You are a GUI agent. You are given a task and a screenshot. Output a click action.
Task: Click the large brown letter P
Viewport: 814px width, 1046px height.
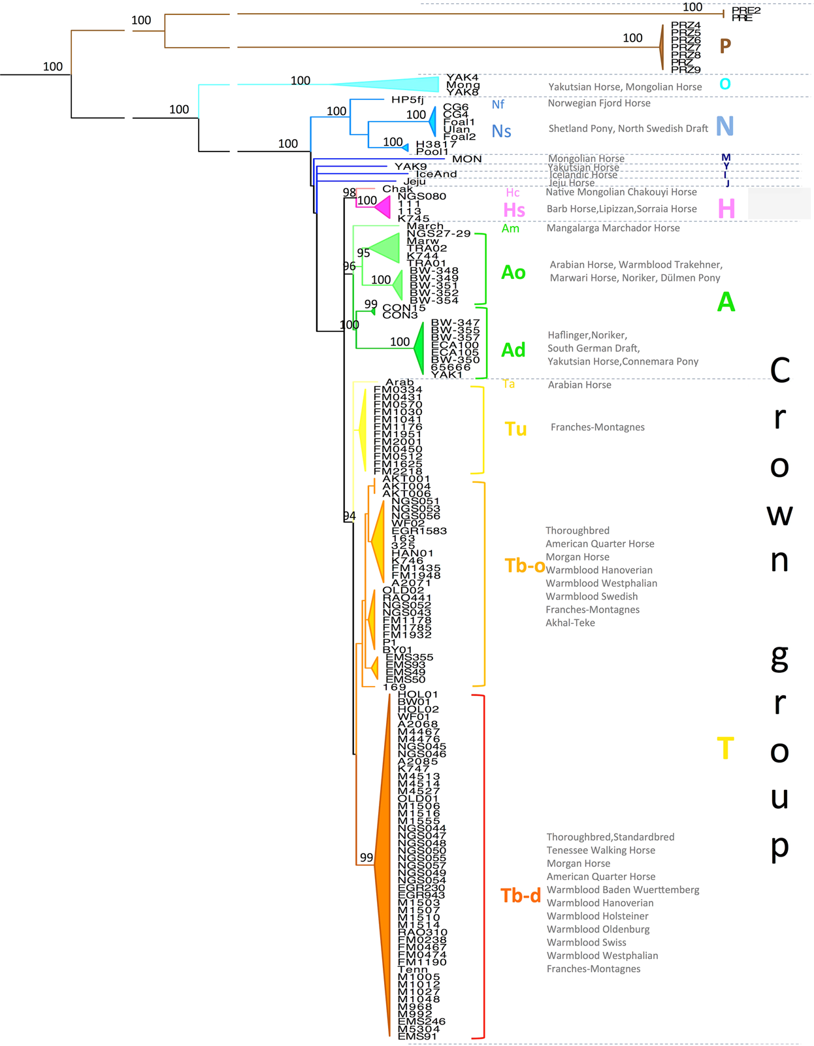(x=725, y=46)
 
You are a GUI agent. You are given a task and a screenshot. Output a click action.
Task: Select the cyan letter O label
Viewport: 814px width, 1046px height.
(x=724, y=84)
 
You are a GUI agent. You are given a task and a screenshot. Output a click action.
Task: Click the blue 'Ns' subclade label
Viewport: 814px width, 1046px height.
(x=501, y=131)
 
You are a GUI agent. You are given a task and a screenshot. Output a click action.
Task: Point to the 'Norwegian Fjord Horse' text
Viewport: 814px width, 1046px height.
(x=599, y=103)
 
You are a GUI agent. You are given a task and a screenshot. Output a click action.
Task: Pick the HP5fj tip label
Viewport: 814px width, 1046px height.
(x=408, y=100)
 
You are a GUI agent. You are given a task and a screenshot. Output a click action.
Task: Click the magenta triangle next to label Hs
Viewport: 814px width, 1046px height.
(x=383, y=208)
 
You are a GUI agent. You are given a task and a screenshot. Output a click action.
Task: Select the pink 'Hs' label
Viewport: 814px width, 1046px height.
(x=514, y=210)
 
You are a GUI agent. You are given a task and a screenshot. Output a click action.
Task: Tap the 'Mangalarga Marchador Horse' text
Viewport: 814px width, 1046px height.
(x=613, y=228)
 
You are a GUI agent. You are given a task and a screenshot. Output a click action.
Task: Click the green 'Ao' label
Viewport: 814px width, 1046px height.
(x=513, y=272)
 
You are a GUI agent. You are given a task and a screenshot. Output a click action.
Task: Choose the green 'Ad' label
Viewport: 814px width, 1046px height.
(x=513, y=350)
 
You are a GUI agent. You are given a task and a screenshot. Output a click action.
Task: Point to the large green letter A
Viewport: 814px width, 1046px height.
(x=726, y=302)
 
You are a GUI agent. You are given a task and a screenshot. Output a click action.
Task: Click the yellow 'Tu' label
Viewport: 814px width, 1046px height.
(x=515, y=429)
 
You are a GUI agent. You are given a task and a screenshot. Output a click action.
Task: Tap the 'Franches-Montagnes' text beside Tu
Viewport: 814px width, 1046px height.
(x=597, y=427)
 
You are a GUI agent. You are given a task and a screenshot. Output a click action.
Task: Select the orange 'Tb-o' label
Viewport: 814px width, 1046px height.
(x=525, y=566)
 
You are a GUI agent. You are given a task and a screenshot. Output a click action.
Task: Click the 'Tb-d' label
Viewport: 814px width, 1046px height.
(x=521, y=896)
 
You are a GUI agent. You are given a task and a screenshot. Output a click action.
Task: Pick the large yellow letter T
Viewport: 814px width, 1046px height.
(x=725, y=748)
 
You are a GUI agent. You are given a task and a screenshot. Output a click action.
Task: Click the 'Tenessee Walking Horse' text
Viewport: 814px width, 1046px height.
(x=600, y=851)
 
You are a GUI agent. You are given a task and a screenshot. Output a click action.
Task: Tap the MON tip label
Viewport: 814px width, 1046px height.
(x=467, y=159)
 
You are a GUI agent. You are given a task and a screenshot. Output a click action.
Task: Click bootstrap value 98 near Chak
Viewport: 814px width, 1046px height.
(x=350, y=192)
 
